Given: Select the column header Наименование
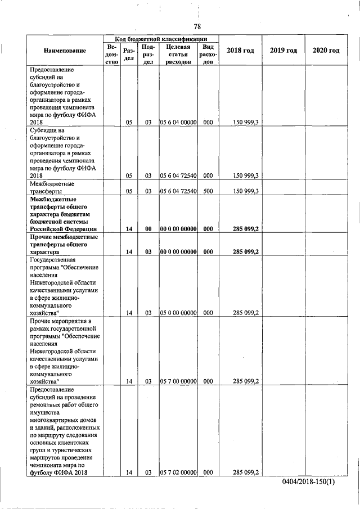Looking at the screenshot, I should point(65,51).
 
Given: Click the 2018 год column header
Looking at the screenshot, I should point(240,51).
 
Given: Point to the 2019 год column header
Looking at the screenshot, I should point(283,51).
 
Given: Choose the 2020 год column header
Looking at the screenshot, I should point(326,51).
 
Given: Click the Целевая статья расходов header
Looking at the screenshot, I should point(178,55).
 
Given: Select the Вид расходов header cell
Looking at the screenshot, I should point(208,55).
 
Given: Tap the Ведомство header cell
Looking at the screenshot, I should point(111,55).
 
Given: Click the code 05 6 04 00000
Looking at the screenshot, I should point(178,121).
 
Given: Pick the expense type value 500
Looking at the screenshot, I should point(208,191).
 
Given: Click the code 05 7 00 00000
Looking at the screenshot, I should point(178,381).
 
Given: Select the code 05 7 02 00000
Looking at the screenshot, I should point(178,473).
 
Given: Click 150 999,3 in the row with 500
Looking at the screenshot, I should point(245,191).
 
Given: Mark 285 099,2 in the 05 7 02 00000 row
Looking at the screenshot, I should point(245,473).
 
